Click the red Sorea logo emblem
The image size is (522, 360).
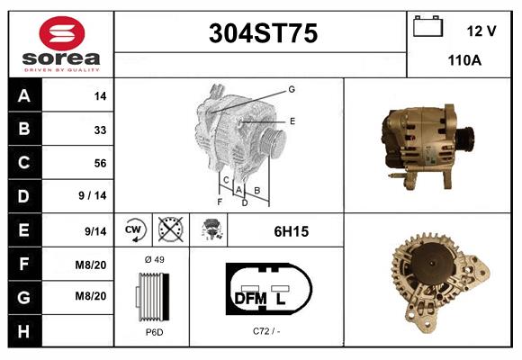click(x=62, y=33)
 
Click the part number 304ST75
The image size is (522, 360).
click(x=263, y=33)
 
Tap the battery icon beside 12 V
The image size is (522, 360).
click(x=427, y=26)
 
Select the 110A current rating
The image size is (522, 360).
click(x=464, y=60)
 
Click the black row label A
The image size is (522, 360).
click(x=24, y=96)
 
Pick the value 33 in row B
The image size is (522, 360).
click(x=100, y=130)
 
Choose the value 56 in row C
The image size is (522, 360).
click(x=100, y=163)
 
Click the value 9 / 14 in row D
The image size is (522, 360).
click(x=93, y=195)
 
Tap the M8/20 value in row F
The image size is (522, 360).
click(x=91, y=265)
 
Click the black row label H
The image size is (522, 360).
click(x=24, y=331)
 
